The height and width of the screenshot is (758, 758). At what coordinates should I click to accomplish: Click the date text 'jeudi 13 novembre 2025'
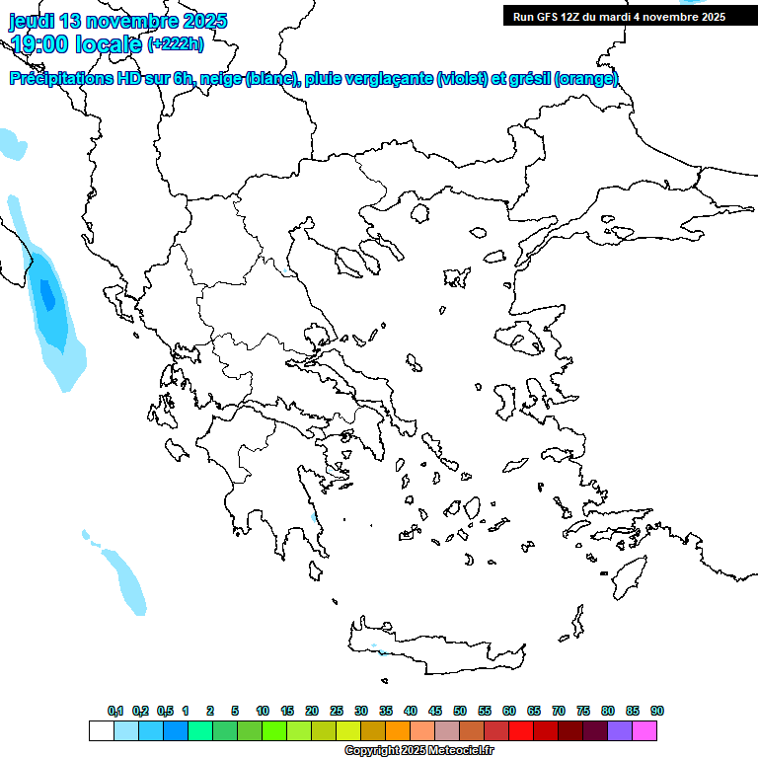click(x=118, y=21)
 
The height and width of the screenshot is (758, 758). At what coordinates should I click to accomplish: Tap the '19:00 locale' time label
click(x=75, y=43)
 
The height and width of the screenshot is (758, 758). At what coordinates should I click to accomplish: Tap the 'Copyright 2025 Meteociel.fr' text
click(x=418, y=751)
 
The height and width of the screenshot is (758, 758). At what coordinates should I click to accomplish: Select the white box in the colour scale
click(x=101, y=731)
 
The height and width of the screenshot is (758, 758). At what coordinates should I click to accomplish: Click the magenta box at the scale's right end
click(x=644, y=731)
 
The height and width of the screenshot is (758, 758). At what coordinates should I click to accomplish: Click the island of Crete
click(x=434, y=646)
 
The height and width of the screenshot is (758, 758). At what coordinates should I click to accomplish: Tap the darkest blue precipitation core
click(x=46, y=294)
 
